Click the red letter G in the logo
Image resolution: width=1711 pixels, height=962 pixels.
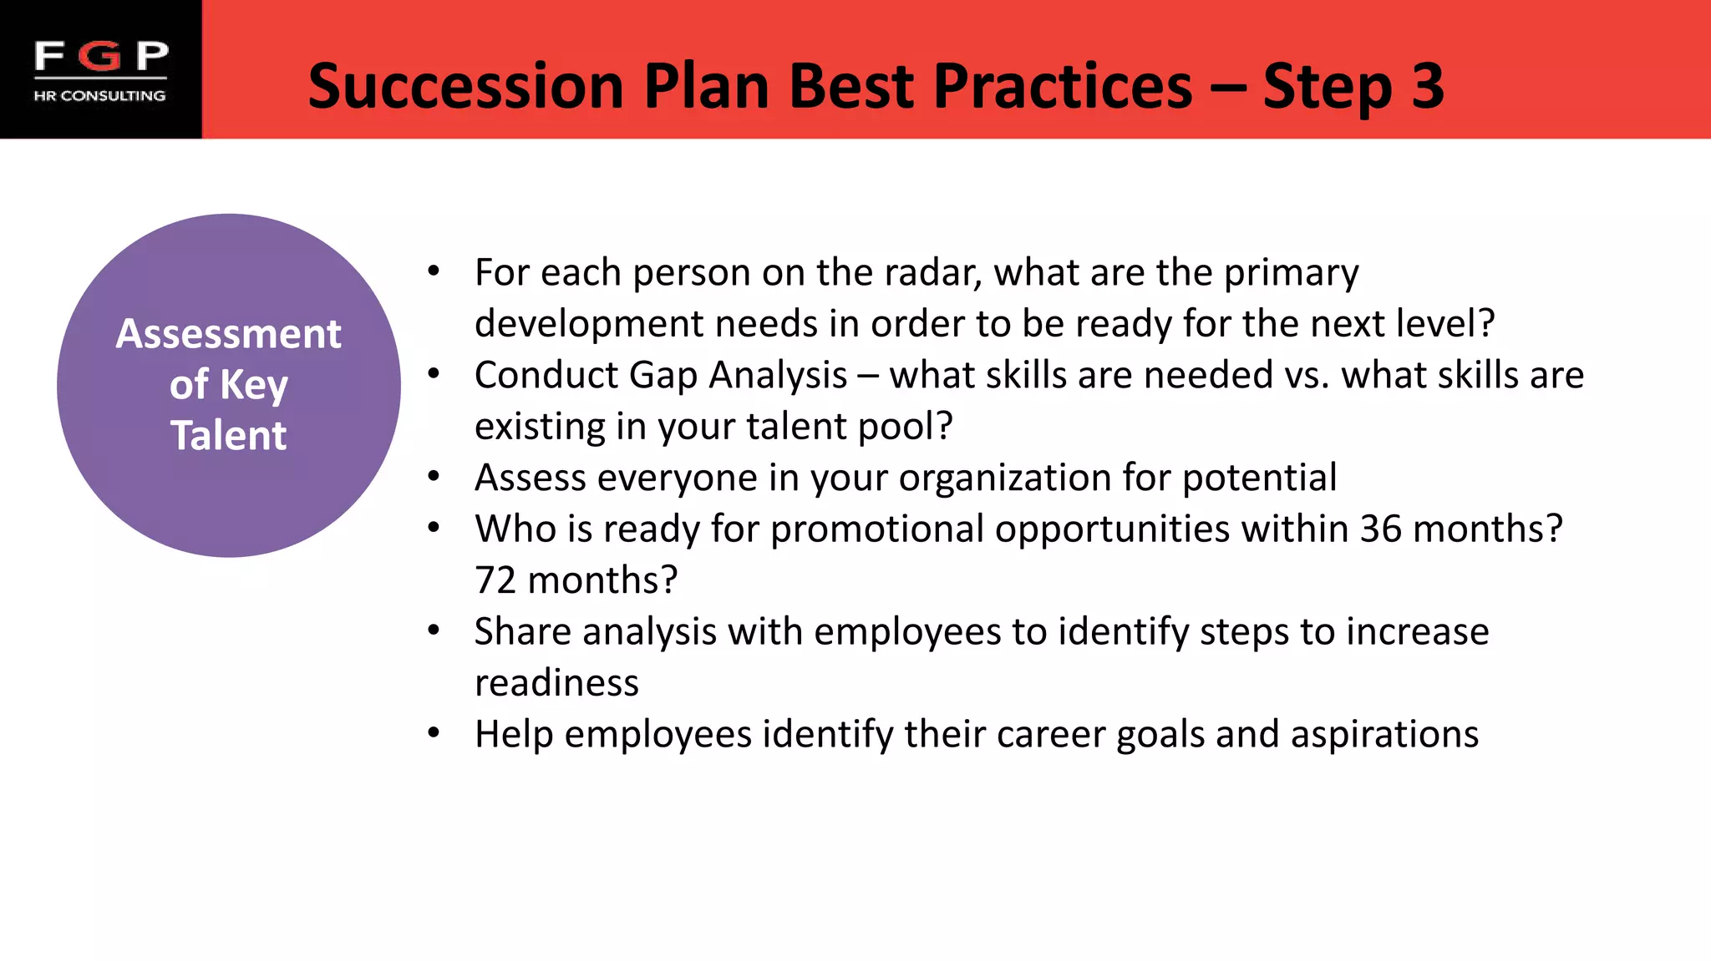click(x=102, y=56)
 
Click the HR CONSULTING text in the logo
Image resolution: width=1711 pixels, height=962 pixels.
click(x=99, y=96)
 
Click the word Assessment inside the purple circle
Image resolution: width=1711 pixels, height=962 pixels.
click(x=228, y=334)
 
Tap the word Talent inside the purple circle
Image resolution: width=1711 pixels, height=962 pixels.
click(x=228, y=436)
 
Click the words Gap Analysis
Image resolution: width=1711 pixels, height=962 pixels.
click(x=738, y=376)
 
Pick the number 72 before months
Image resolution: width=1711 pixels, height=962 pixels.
click(x=495, y=580)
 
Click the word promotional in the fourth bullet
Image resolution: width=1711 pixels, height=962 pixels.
click(x=876, y=529)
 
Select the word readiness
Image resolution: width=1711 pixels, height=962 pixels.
click(x=556, y=683)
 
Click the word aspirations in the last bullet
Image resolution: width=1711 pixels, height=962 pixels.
click(x=1384, y=735)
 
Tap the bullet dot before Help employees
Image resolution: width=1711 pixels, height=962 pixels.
click(x=433, y=733)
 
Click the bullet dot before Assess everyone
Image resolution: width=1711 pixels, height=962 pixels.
click(x=433, y=477)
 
